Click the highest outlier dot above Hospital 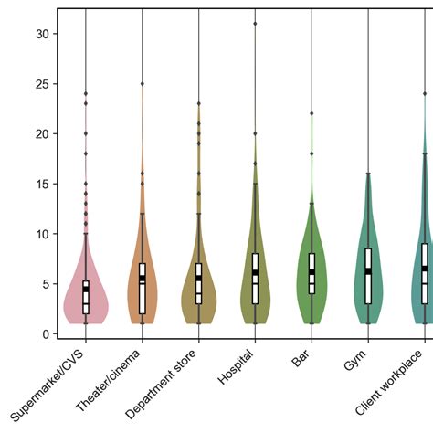coord(255,24)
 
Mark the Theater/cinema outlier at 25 coord(142,83)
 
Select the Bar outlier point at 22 coord(312,113)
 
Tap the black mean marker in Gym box coord(368,270)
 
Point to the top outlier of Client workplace coord(425,93)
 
